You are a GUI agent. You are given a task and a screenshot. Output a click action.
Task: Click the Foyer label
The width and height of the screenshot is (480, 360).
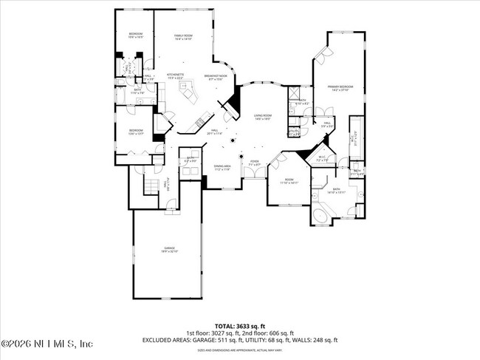254,162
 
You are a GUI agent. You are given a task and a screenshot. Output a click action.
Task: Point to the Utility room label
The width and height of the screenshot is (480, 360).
294,133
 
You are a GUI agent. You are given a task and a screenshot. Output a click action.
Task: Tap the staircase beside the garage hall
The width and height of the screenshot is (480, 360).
151,185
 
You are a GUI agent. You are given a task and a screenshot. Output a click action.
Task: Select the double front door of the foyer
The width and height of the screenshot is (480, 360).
254,173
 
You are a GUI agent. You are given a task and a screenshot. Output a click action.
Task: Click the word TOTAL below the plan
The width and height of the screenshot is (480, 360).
227,325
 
